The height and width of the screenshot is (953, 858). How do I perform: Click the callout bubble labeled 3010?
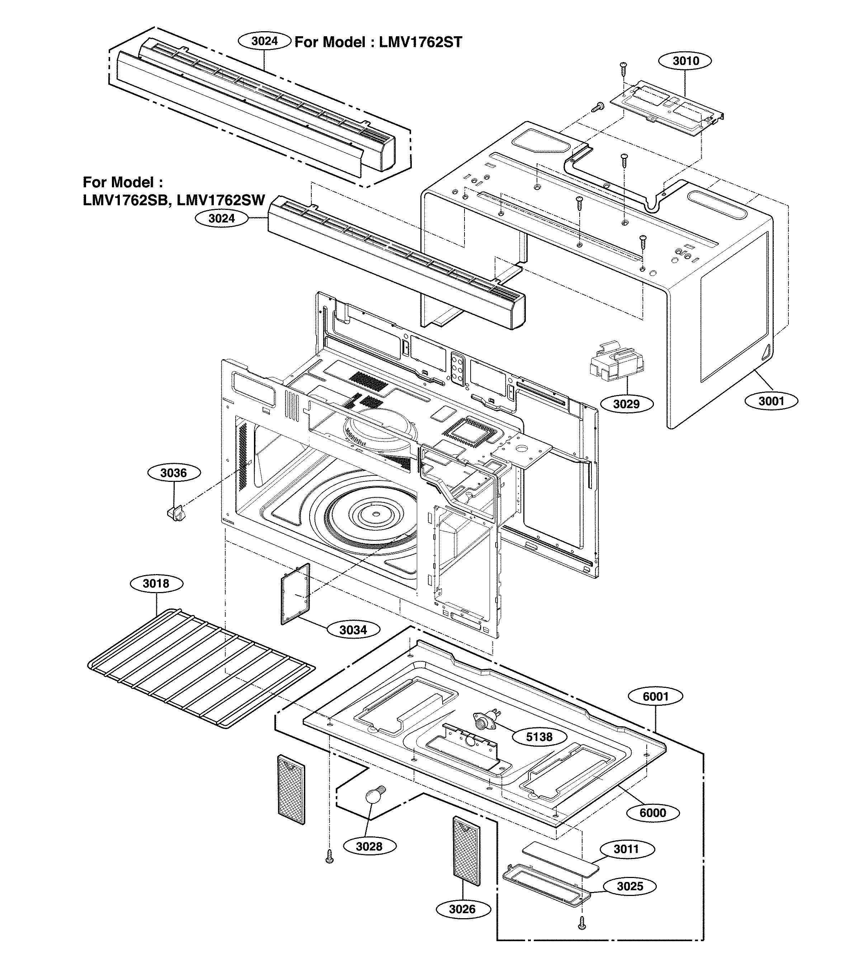pos(685,61)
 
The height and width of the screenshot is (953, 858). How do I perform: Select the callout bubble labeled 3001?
pos(771,401)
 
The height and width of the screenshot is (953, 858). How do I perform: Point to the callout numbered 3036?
pos(174,473)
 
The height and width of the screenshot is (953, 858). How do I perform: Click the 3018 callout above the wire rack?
pos(156,583)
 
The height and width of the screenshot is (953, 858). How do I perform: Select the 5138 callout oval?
pos(539,737)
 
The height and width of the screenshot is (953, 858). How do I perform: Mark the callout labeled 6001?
pos(656,696)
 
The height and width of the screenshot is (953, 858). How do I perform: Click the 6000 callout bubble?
pos(653,812)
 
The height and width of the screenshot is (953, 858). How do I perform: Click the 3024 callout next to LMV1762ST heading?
pos(264,41)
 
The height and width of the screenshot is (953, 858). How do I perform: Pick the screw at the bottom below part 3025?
pos(581,923)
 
